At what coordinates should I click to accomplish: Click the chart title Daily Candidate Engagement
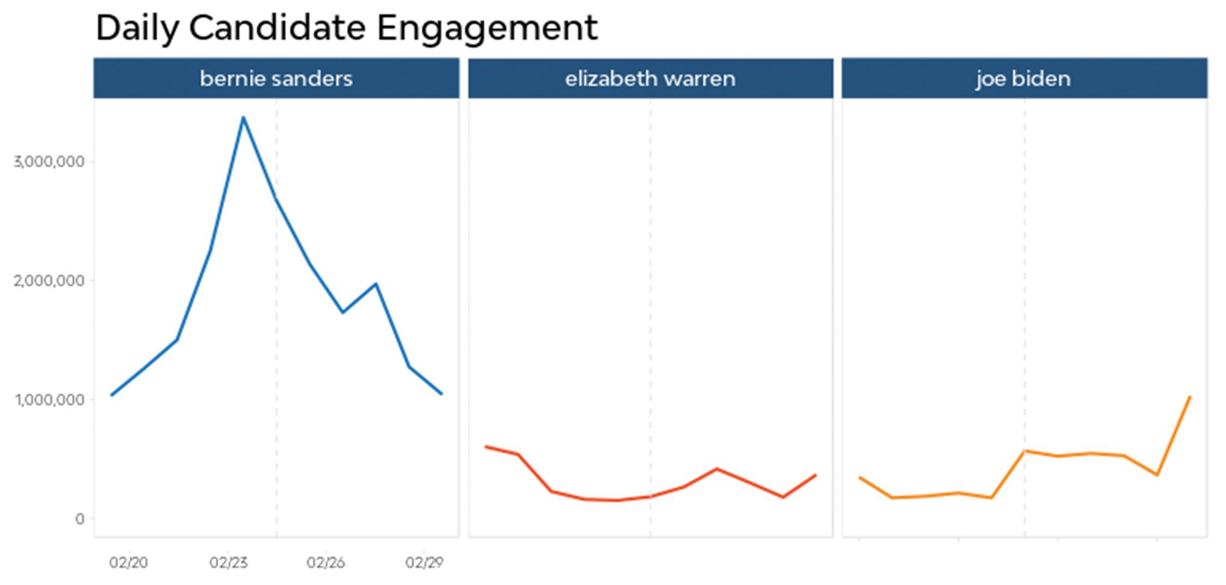(x=346, y=28)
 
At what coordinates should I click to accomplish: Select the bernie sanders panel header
(x=276, y=78)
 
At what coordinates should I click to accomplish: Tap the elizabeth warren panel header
(x=650, y=78)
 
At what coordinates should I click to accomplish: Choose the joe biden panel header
(x=1024, y=78)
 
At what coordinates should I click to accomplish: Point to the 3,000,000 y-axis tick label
(x=49, y=161)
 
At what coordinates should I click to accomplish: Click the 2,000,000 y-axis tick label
(x=49, y=281)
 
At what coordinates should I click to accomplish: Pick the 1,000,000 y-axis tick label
(x=49, y=400)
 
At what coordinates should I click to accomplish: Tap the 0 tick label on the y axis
(x=79, y=519)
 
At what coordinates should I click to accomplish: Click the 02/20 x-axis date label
(x=128, y=563)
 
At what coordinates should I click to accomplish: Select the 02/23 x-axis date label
(x=228, y=563)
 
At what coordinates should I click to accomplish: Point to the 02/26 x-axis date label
(x=326, y=563)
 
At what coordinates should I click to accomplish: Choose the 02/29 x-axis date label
(x=424, y=563)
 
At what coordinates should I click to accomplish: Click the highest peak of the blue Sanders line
(x=243, y=117)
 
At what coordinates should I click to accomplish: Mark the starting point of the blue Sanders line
(x=111, y=395)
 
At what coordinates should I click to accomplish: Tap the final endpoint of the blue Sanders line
(x=441, y=394)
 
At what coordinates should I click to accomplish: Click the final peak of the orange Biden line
(x=1190, y=396)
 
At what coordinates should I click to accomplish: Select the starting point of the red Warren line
(x=485, y=446)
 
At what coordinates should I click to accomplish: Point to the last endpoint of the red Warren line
(x=816, y=475)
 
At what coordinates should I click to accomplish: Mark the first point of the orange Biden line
(x=859, y=477)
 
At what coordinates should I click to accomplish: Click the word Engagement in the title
(x=487, y=28)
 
